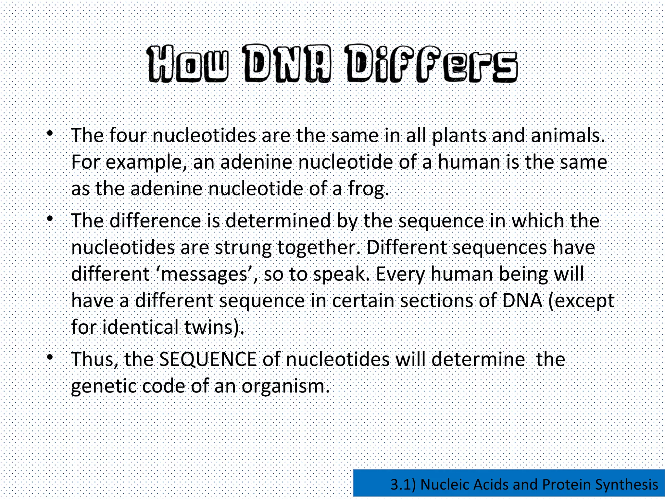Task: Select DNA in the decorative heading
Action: click(287, 63)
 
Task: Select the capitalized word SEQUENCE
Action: click(208, 360)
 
